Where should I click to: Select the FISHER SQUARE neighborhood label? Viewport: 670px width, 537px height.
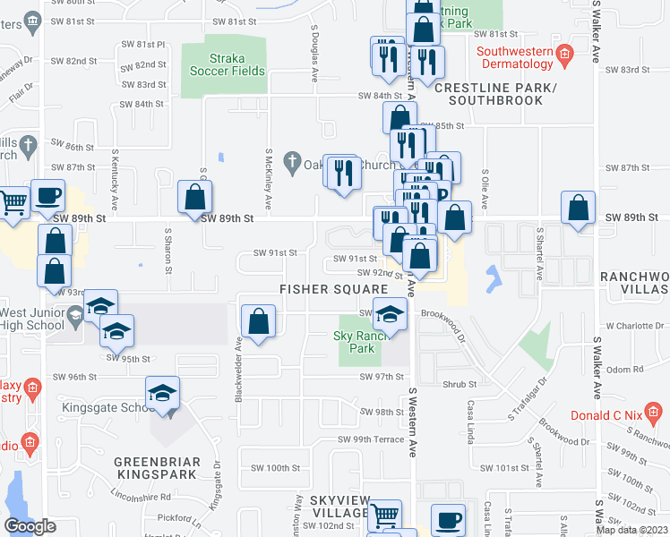(x=333, y=289)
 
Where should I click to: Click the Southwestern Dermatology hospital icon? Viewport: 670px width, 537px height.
(x=564, y=53)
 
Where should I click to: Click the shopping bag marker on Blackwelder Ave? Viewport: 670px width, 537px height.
(x=258, y=324)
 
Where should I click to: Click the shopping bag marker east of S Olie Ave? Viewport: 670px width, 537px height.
(x=579, y=209)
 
